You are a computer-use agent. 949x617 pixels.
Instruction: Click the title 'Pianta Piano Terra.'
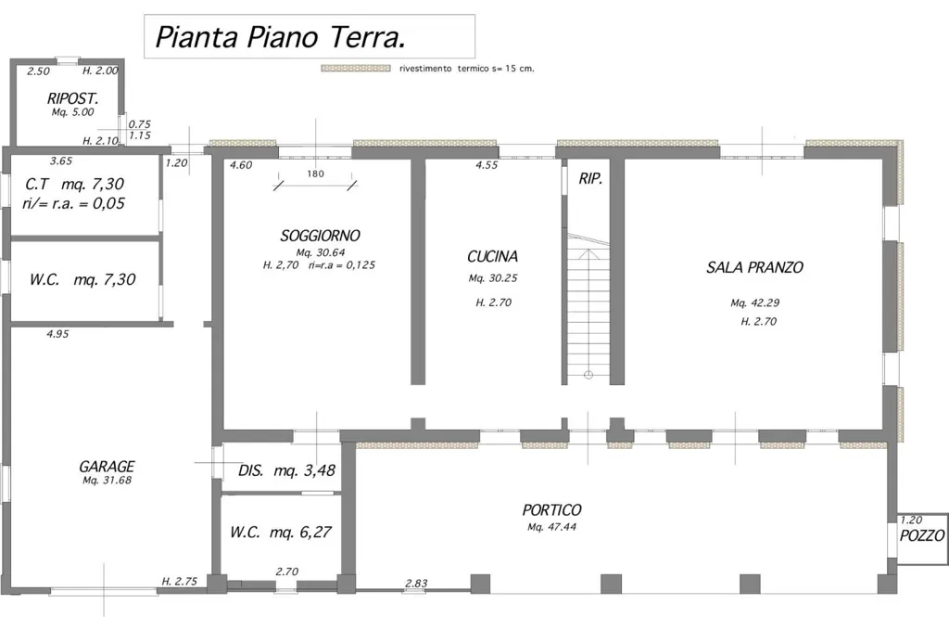click(280, 37)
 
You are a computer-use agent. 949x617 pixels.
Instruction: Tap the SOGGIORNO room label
click(320, 235)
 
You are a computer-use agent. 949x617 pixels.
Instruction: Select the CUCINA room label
click(493, 256)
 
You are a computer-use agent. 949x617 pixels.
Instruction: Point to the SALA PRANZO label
click(754, 267)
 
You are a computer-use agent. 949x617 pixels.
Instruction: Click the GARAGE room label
click(107, 466)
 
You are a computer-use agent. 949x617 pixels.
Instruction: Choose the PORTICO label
click(552, 510)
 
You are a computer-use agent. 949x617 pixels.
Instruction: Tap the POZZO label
click(922, 535)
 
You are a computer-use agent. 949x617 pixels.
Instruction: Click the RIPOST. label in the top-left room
click(72, 98)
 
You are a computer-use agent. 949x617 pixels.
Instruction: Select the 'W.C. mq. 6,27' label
click(281, 533)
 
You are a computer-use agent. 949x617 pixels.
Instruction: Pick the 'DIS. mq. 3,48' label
click(286, 470)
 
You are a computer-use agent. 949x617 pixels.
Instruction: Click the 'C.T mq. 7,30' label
click(75, 184)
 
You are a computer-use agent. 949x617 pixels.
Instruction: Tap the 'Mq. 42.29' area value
click(754, 303)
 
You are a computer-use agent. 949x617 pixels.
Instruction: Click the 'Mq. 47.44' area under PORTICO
click(551, 527)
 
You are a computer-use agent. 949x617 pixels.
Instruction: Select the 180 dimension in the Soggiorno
click(315, 174)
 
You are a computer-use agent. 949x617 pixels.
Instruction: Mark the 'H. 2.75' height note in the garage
click(179, 581)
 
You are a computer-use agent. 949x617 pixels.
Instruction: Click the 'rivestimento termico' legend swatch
click(355, 69)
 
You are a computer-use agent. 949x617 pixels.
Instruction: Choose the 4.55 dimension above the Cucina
click(487, 165)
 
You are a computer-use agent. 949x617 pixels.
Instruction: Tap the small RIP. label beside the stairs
click(590, 179)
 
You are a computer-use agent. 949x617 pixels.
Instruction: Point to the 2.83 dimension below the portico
click(416, 583)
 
